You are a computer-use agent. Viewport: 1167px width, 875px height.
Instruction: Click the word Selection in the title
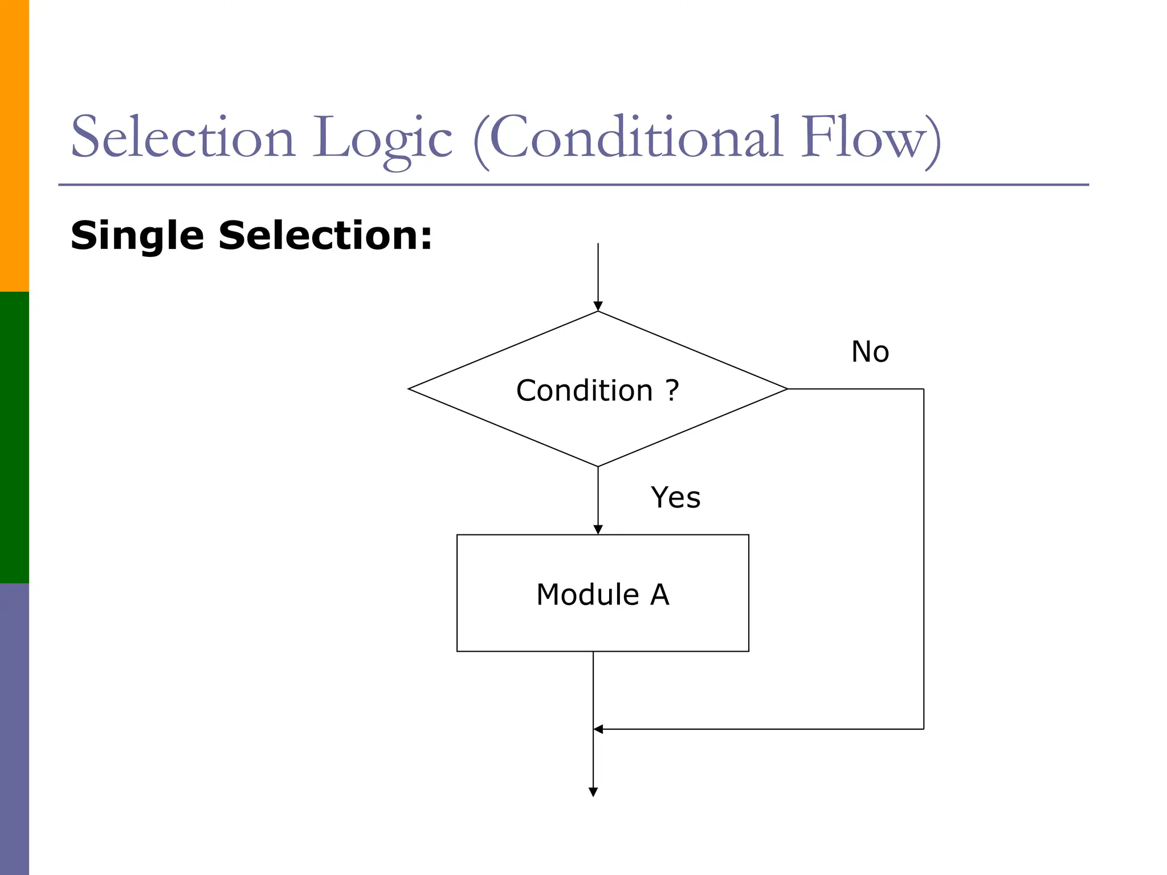coord(182,138)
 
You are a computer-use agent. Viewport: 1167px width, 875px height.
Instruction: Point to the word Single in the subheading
coord(137,236)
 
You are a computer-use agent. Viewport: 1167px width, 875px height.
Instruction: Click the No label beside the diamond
coord(870,351)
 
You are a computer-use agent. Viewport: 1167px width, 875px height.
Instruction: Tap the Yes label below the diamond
coord(675,497)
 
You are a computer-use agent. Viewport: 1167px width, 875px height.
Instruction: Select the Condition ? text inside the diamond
coord(597,391)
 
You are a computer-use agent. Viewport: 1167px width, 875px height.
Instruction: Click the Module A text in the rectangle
coord(602,595)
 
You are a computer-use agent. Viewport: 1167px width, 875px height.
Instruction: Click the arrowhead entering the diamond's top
coord(598,306)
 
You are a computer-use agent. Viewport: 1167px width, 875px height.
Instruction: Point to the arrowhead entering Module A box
coord(598,530)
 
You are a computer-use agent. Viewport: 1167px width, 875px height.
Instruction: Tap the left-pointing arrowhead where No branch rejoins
coord(598,729)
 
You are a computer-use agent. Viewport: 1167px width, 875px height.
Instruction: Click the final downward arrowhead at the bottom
coord(593,792)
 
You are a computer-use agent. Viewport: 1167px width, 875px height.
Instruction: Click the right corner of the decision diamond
coord(786,389)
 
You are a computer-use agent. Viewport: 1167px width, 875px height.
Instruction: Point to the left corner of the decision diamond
coord(410,389)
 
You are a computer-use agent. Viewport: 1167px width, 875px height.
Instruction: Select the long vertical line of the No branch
coord(924,558)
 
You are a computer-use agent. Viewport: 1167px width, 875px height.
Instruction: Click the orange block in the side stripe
coord(14,145)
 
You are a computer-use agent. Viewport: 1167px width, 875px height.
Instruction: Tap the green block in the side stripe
coord(14,437)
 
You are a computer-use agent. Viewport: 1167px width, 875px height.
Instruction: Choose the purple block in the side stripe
coord(14,729)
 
